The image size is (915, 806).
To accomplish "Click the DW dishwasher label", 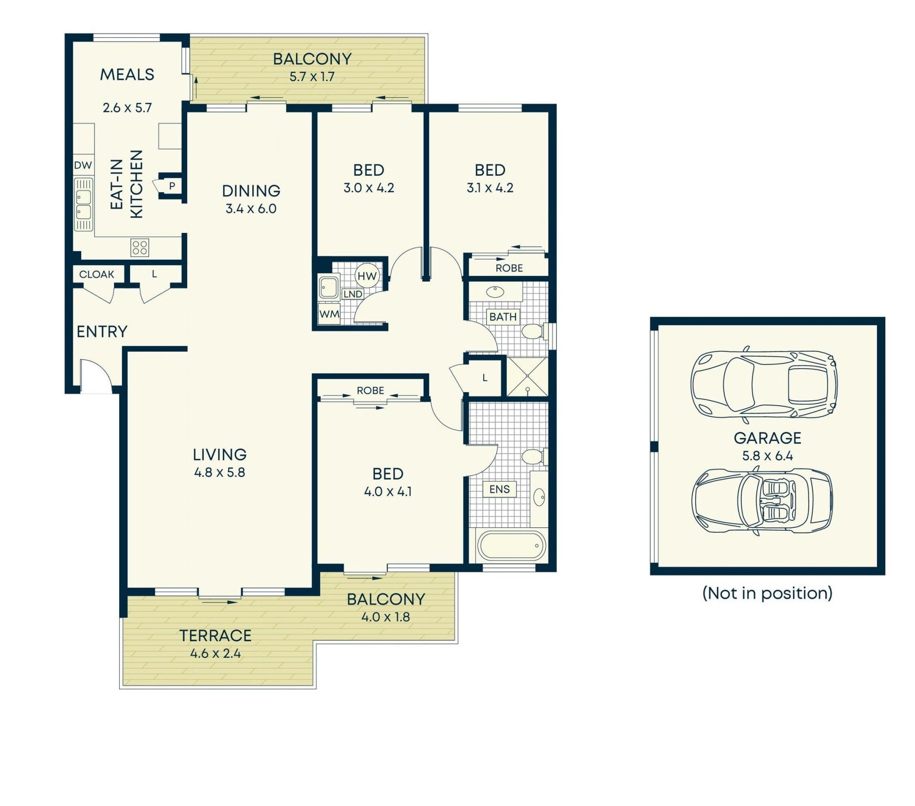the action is click(x=83, y=165).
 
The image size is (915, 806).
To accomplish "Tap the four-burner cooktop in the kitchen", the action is click(x=140, y=247).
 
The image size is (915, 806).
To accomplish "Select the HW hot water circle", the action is click(x=367, y=276).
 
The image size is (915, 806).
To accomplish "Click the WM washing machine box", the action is click(x=329, y=314).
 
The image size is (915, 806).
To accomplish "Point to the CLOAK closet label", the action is click(x=97, y=274).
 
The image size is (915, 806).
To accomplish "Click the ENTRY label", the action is click(x=102, y=332).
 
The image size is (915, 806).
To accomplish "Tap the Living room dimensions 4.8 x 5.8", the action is click(x=220, y=473).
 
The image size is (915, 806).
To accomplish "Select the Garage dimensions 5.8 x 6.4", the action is click(x=767, y=456).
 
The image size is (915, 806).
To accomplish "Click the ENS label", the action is click(x=499, y=489).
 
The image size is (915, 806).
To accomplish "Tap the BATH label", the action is click(x=503, y=317).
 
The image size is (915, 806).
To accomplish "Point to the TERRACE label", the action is click(x=215, y=635).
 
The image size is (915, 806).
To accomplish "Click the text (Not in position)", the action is click(x=767, y=593).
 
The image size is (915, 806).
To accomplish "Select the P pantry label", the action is click(x=172, y=186).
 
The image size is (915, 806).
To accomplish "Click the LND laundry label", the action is click(x=353, y=294).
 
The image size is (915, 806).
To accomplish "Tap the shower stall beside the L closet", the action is click(x=527, y=376).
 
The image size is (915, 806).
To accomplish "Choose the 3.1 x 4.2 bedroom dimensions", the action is click(x=490, y=188).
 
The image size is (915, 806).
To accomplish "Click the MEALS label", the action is click(x=127, y=75).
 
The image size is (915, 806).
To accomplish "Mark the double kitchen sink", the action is click(x=84, y=204).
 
